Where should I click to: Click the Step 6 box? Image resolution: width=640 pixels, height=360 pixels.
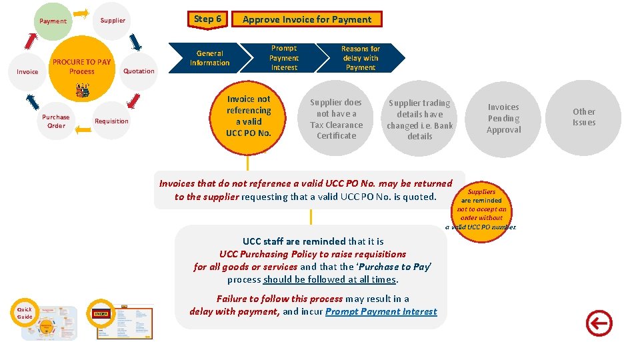(207, 19)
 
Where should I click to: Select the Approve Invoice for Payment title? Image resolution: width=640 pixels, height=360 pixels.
(307, 19)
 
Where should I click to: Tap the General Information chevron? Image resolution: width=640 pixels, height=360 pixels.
(209, 58)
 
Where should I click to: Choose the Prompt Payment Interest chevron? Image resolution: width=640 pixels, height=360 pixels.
(284, 58)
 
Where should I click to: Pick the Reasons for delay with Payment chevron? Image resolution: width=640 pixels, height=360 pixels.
(361, 58)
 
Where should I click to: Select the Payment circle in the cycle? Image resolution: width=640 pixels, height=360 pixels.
(53, 21)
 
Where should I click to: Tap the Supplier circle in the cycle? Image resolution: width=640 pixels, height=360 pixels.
(113, 20)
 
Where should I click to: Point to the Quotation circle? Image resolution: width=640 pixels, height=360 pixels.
(139, 71)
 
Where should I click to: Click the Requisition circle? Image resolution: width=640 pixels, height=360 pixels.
(111, 121)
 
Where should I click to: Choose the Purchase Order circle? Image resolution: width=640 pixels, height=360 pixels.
(56, 121)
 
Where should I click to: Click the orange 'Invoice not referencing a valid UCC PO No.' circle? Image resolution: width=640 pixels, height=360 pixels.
(249, 116)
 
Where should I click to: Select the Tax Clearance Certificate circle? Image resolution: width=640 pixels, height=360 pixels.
(336, 119)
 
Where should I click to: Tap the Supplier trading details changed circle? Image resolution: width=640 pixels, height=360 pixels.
(419, 119)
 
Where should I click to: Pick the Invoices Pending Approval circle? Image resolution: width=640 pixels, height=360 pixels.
(503, 118)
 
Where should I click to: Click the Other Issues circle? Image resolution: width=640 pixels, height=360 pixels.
(583, 117)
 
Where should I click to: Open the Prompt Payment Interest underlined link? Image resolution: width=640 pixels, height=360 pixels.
(381, 311)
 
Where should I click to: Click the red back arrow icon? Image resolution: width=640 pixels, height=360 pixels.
(598, 324)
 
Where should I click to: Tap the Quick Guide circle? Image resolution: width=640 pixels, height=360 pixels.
(25, 313)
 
